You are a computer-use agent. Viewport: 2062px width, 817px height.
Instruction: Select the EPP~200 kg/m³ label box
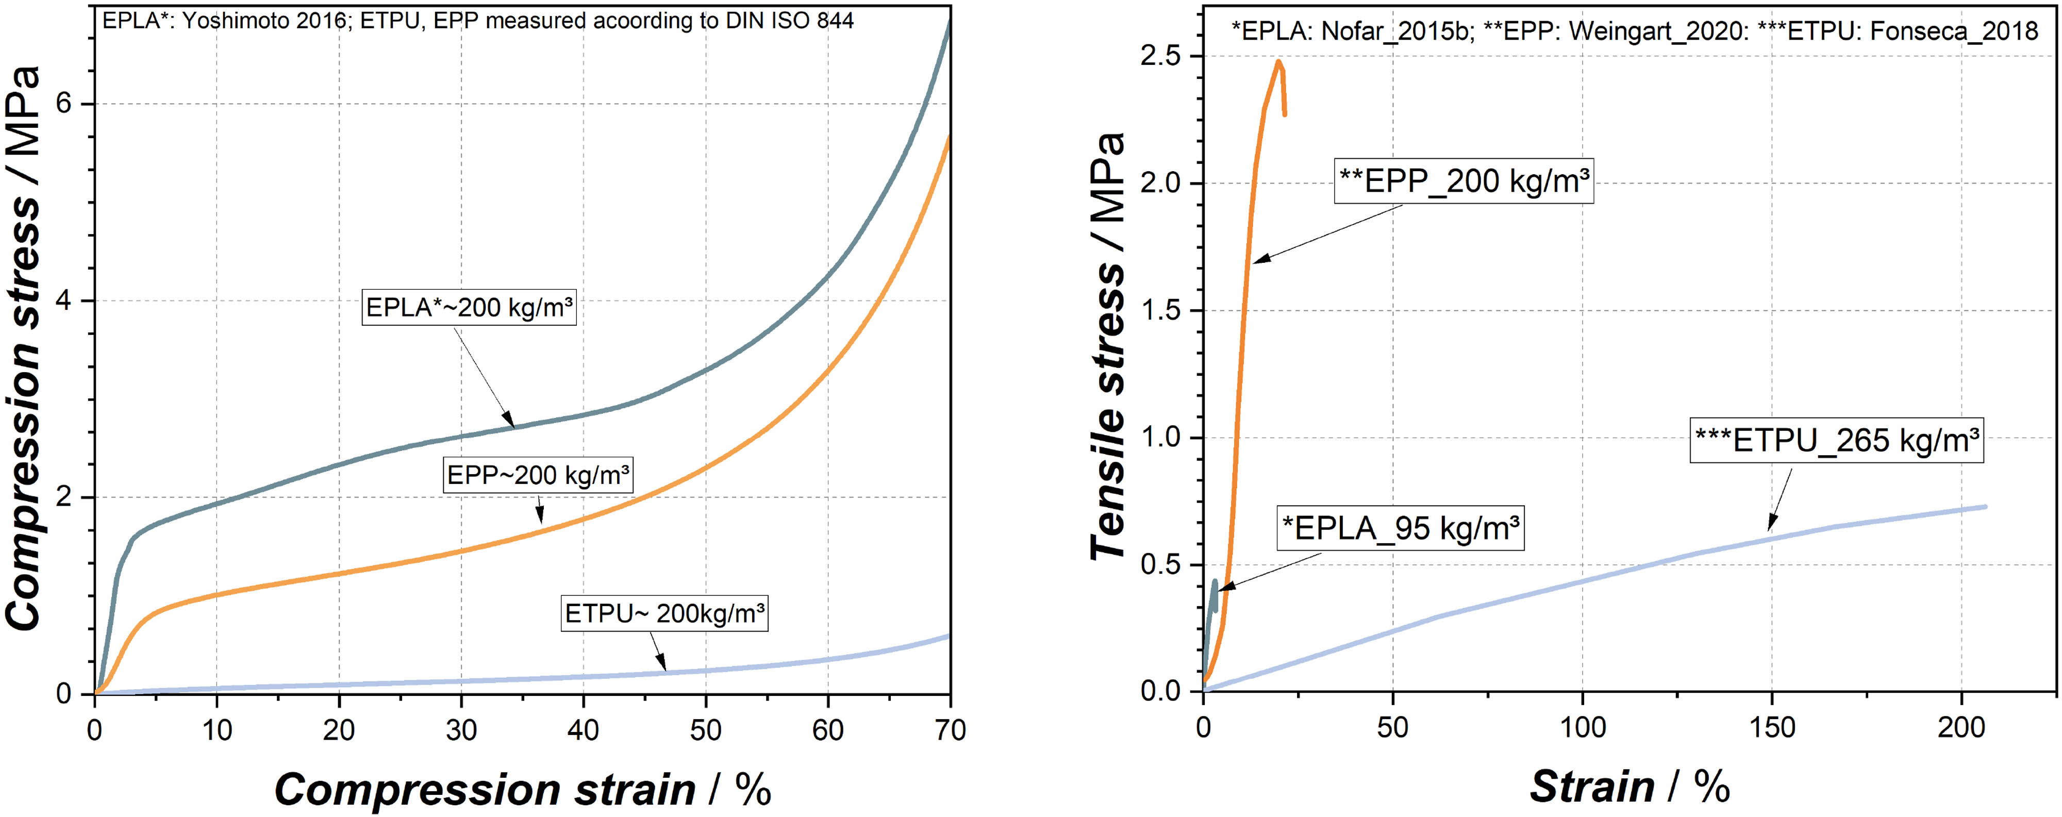tap(538, 476)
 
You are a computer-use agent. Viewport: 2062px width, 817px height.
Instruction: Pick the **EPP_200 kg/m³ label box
tap(1464, 181)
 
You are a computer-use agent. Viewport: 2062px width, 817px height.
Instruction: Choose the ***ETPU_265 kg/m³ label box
tap(1836, 440)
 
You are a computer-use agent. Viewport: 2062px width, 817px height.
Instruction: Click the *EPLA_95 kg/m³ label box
tap(1400, 528)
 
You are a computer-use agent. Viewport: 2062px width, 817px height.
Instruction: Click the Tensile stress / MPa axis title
tap(1109, 346)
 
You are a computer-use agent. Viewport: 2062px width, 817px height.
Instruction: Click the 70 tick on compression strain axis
tap(950, 730)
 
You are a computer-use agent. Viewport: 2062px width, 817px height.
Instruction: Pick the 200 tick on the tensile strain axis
tap(1960, 727)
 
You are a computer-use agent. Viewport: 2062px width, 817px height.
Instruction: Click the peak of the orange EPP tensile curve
tap(1278, 61)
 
